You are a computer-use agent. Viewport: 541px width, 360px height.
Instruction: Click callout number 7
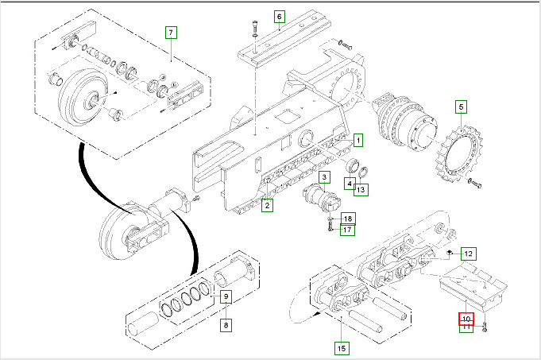[171, 33]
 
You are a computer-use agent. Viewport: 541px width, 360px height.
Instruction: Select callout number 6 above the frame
[279, 16]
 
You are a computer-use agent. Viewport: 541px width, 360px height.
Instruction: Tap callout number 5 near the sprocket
[462, 106]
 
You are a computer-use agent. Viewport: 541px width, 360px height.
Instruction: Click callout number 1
[358, 141]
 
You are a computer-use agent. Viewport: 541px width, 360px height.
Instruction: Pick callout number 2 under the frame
[268, 206]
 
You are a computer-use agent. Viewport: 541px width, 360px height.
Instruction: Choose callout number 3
[325, 176]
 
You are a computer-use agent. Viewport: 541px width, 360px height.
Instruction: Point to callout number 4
[350, 184]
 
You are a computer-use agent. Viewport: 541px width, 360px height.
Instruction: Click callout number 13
[361, 189]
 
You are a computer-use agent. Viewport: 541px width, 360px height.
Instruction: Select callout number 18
[348, 219]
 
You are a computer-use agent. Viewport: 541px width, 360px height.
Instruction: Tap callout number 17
[348, 230]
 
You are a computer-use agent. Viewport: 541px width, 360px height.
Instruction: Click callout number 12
[468, 254]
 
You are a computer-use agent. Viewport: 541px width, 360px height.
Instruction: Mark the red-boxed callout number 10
[466, 319]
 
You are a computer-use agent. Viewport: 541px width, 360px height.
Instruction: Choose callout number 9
[226, 297]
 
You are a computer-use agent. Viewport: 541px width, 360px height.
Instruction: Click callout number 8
[226, 324]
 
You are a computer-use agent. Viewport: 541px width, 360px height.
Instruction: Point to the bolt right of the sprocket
[475, 184]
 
